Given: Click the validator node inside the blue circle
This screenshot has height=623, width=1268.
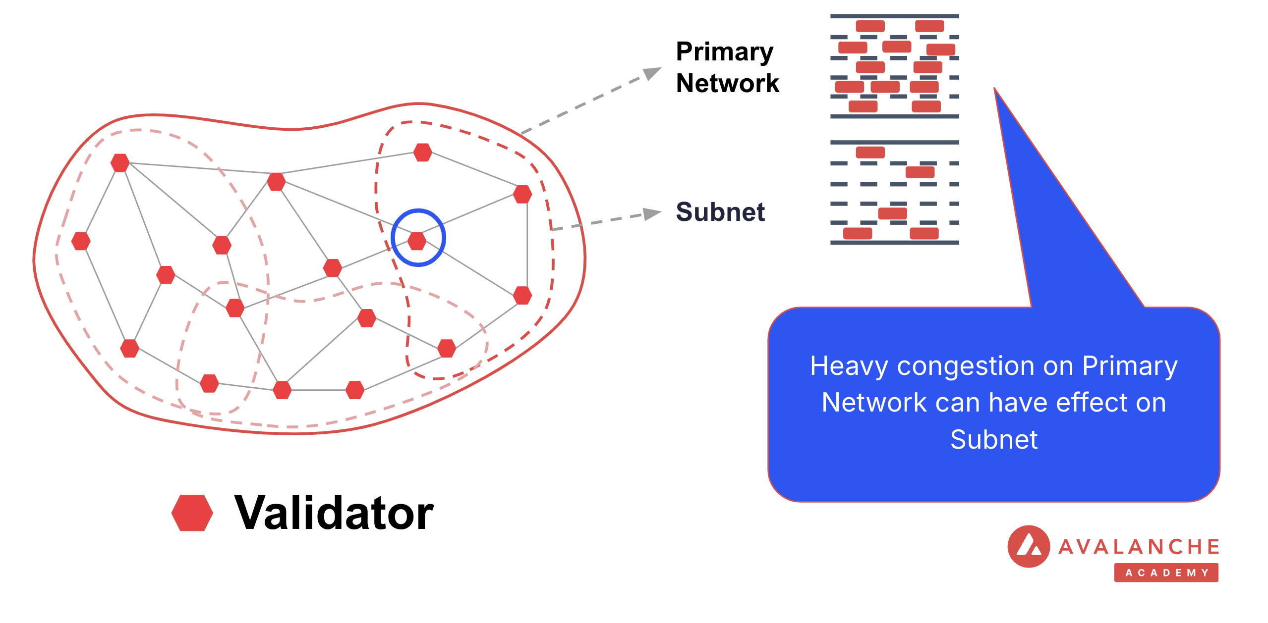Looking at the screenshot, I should [x=417, y=241].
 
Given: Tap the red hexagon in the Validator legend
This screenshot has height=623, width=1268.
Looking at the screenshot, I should [x=192, y=513].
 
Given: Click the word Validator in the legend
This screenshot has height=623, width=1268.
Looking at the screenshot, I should [x=334, y=513].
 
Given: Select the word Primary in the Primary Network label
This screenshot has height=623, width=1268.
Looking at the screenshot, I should [x=724, y=52].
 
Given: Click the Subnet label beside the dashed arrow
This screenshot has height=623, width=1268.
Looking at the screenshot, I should [x=720, y=212].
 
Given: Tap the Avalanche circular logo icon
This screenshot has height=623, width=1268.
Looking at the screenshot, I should [x=1029, y=546].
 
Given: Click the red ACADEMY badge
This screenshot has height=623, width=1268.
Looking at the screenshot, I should [x=1166, y=572].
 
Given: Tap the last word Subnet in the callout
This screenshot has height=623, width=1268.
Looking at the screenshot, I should [x=993, y=440].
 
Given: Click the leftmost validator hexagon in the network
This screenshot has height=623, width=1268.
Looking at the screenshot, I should [x=81, y=241].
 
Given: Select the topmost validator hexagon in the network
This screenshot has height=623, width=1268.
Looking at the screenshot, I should [x=422, y=152].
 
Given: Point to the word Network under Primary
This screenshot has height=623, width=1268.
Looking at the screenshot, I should [x=727, y=83].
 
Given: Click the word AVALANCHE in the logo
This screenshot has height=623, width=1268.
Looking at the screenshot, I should [x=1139, y=547].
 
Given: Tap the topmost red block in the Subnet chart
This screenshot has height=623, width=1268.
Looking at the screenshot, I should [x=870, y=152].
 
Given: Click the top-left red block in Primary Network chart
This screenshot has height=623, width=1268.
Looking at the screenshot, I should [x=870, y=26].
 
